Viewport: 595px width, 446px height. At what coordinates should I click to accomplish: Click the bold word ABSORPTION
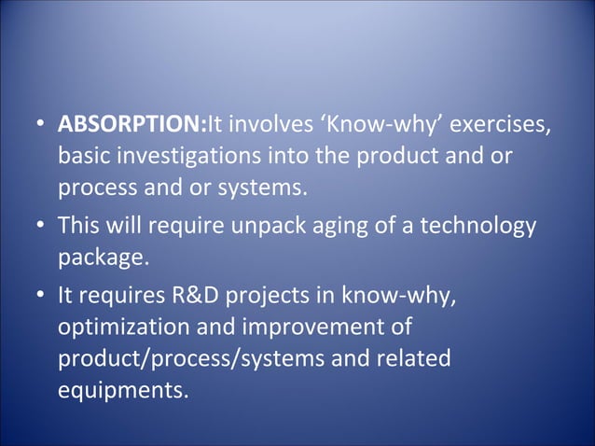click(x=131, y=124)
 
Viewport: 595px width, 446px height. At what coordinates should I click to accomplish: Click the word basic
click(x=81, y=157)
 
